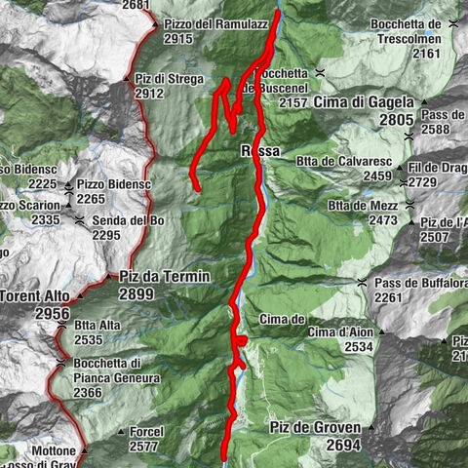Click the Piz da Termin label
(x=164, y=277)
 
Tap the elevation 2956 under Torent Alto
(x=50, y=314)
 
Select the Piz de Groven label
(x=315, y=427)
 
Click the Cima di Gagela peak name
(x=364, y=101)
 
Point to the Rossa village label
(x=260, y=151)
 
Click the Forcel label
(x=145, y=431)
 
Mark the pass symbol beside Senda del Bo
(x=79, y=221)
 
